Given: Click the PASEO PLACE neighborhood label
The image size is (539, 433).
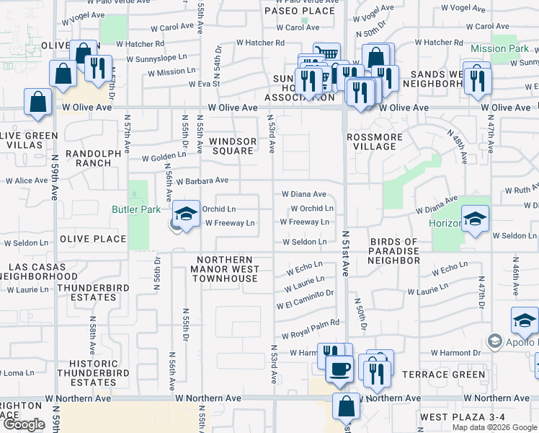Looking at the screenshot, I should (x=300, y=11).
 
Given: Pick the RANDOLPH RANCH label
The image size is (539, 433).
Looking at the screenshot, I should (x=89, y=158).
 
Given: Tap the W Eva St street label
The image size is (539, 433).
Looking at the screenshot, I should (x=205, y=84).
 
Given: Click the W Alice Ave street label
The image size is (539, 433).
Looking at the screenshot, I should (x=27, y=180).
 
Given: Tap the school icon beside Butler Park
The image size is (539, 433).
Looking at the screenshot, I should (x=186, y=215).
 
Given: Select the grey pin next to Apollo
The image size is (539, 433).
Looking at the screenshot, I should (x=494, y=340).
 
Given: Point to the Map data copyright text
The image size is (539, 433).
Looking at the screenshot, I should (x=494, y=427).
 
